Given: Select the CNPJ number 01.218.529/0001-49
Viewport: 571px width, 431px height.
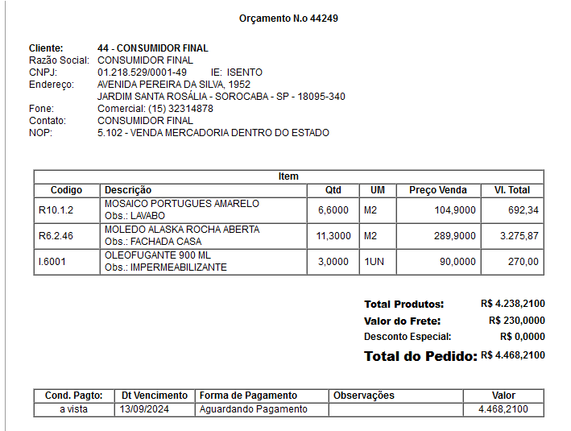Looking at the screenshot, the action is pos(142,73).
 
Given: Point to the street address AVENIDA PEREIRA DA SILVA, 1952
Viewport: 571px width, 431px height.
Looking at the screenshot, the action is pos(173,85).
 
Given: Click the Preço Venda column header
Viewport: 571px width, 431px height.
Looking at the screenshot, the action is pos(437,190).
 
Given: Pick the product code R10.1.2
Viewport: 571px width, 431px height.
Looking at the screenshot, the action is pos(56,210).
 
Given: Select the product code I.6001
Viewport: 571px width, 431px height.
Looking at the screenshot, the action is pos(53,262).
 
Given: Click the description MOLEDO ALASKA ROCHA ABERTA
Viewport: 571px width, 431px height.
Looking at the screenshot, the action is pos(182,230).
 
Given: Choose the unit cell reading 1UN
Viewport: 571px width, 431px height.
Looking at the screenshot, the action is pos(373,262).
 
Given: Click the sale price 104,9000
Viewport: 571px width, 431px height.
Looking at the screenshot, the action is pos(454,210).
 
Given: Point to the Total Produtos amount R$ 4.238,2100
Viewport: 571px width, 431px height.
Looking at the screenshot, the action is pos(512,304).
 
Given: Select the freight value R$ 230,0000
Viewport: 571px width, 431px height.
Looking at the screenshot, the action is pos(516,321).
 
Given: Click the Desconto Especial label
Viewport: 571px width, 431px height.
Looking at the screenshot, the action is pos(408,337).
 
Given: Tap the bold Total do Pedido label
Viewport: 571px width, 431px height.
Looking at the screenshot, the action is pos(420,356).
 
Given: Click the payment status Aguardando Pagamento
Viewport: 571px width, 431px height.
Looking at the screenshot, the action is pos(253,409).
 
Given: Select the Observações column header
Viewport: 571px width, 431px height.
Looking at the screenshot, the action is pos(364,396).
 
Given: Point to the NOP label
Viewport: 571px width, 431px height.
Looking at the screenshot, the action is pos(40,133).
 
